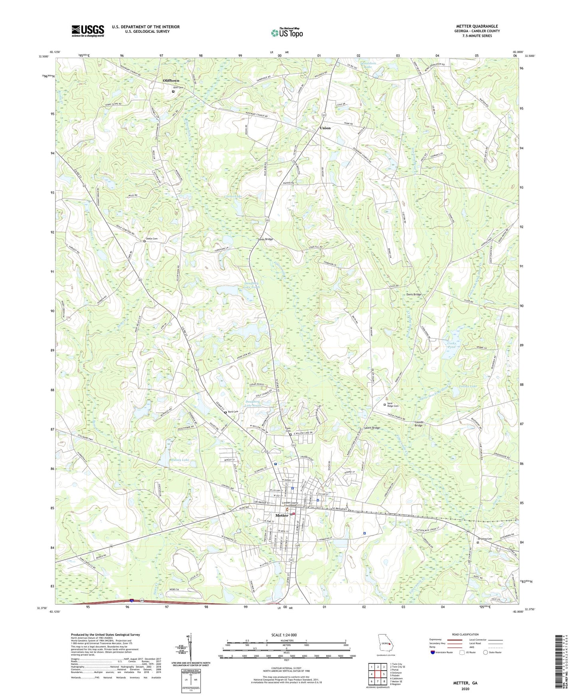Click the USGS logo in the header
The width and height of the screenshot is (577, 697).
point(88,31)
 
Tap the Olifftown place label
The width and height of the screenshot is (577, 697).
point(171,81)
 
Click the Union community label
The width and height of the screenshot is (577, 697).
point(325,128)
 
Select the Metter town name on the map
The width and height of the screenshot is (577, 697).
point(282,515)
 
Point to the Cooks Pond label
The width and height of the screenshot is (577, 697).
point(451,345)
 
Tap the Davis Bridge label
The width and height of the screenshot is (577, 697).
point(414,295)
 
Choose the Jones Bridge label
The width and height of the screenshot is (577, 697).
point(265,239)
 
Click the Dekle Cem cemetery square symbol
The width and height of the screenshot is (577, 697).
point(145,241)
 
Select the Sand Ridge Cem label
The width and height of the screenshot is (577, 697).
point(393,405)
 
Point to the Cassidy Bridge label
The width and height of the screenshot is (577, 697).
point(418,424)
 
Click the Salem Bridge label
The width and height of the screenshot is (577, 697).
point(372,428)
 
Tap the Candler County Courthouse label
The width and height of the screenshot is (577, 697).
point(290,504)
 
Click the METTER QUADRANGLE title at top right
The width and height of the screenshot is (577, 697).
point(477,26)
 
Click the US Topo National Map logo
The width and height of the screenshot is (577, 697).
point(287,33)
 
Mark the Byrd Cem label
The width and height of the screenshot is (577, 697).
point(233,412)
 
